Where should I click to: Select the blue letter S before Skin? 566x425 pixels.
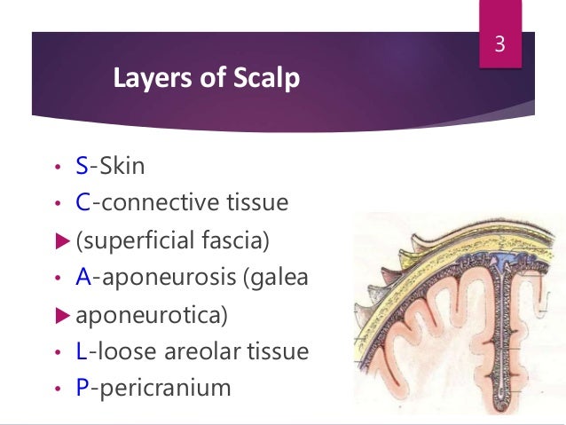83,166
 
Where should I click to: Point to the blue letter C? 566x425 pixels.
83,203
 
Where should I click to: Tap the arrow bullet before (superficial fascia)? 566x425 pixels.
59,240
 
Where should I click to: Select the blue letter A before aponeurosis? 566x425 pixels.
83,278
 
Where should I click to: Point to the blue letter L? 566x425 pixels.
82,351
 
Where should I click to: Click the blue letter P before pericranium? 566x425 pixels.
83,389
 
